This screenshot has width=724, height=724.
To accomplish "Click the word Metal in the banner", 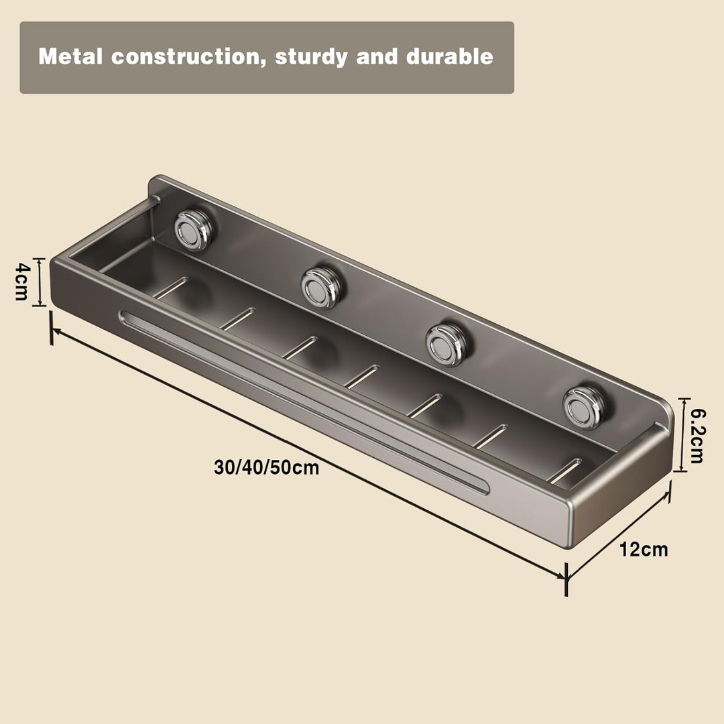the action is point(70,56).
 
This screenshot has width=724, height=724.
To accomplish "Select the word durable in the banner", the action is point(450,56).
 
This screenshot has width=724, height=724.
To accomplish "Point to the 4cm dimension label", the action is point(22,282).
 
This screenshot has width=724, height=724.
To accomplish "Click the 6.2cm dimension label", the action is point(697,436).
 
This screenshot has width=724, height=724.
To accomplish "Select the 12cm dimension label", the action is point(643,550).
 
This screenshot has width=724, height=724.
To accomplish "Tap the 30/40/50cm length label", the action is point(266,467).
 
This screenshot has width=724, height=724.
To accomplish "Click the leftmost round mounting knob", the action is point(193,229).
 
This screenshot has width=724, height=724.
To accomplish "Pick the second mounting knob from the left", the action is point(321,287).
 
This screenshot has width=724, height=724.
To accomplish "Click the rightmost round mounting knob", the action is point(584,408).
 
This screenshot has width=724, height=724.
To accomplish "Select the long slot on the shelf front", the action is point(304,403).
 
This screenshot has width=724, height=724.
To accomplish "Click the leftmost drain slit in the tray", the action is point(170,288).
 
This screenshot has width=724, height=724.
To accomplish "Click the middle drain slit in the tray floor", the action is point(361,376).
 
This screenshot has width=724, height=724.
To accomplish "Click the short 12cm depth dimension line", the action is point(618,535).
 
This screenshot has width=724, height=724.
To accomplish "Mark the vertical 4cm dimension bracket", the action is point(40,282).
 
